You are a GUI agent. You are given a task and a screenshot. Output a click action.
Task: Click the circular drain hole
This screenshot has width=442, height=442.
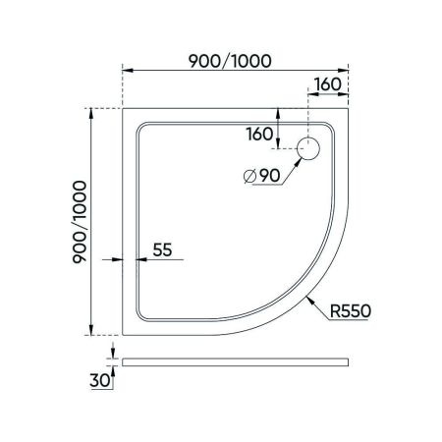[309, 148]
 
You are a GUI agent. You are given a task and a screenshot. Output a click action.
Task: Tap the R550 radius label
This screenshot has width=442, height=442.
[350, 312]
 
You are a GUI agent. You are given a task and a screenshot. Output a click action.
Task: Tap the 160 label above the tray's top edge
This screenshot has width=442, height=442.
[329, 83]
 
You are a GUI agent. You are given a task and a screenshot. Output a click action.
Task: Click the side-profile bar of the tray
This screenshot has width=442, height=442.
[236, 360]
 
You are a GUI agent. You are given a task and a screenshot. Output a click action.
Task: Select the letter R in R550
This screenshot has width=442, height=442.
[335, 312]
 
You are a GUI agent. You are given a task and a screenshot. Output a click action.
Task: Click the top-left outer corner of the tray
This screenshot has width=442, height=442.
[122, 108]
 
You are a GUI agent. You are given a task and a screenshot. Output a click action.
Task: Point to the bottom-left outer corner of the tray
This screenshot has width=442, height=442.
[122, 334]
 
